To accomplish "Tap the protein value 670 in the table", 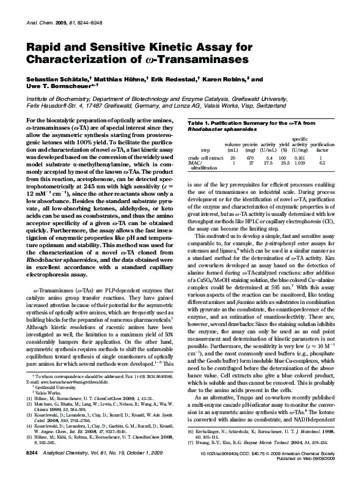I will (x=249, y=158).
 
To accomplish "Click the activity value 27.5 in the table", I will (x=267, y=163).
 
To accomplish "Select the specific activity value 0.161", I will (x=299, y=158).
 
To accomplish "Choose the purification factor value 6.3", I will (x=321, y=163).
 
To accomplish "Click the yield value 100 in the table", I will (x=282, y=158).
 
